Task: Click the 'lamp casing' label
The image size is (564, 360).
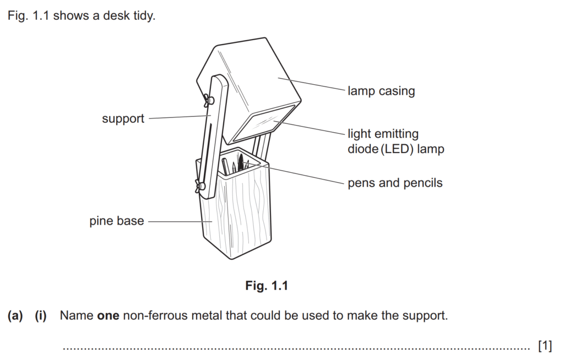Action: [x=381, y=91]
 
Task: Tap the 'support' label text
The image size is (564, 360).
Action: [x=123, y=118]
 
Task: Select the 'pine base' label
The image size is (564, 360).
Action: [x=117, y=221]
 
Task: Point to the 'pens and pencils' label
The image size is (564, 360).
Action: [x=395, y=183]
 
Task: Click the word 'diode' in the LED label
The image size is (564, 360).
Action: [x=364, y=149]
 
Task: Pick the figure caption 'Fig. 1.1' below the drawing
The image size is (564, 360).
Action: [x=267, y=286]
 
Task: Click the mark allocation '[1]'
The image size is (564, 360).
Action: [x=544, y=346]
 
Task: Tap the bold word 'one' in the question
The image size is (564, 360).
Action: [x=109, y=317]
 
